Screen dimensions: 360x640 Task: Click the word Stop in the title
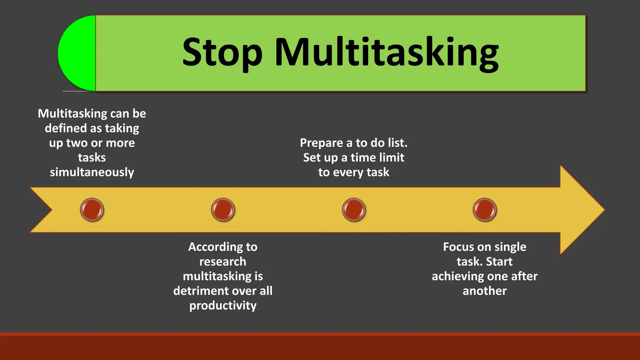[222, 52]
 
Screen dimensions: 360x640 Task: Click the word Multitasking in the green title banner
[386, 52]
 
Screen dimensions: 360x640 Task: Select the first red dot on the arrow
[92, 210]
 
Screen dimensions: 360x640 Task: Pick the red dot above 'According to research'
[223, 210]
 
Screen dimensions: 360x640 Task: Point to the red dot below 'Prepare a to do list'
[354, 210]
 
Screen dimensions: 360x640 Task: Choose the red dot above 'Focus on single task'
[485, 210]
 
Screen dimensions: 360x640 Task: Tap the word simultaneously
[92, 172]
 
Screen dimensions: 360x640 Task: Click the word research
[223, 262]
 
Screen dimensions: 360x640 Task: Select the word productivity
[223, 306]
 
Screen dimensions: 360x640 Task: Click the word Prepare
[321, 143]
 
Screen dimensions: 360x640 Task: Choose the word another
[485, 291]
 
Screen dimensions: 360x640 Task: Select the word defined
[65, 128]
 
